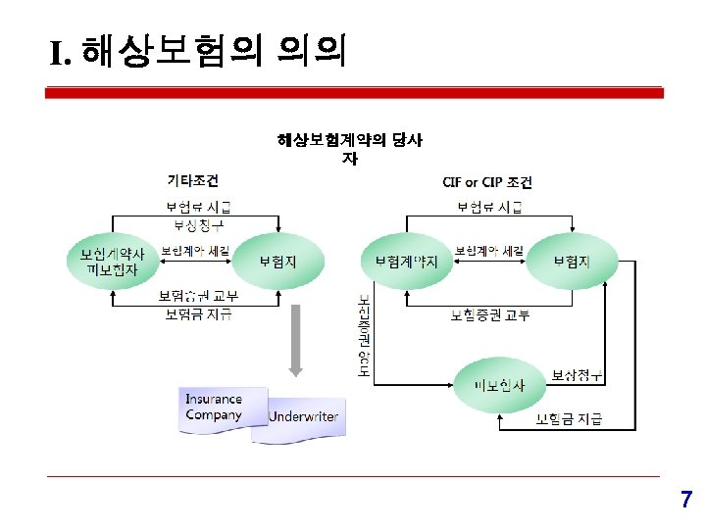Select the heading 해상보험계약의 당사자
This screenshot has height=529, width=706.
(350, 148)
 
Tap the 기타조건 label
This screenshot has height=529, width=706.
(193, 180)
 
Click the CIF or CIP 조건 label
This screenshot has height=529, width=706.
(487, 182)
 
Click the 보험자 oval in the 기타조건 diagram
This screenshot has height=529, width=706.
(277, 262)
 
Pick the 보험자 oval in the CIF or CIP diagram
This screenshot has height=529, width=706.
(571, 262)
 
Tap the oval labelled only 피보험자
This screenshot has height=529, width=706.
(499, 385)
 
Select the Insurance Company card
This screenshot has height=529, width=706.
(214, 408)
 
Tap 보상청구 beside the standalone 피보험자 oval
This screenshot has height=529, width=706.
(576, 375)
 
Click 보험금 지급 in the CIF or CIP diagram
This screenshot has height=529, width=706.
(569, 420)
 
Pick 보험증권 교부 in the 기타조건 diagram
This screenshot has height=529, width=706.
(198, 296)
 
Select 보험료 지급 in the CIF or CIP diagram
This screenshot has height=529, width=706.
(489, 207)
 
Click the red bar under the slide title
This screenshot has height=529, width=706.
(355, 92)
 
